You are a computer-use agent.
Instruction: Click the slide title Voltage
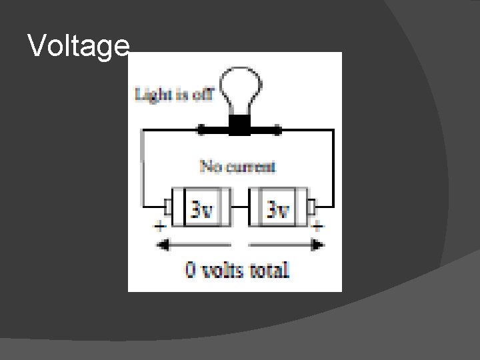coord(78,46)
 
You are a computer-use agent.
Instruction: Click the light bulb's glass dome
coord(239,93)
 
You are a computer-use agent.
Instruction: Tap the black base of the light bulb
coord(239,124)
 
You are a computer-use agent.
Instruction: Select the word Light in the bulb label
coord(151,94)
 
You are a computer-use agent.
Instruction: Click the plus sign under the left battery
coord(160,227)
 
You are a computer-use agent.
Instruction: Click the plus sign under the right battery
coord(319,227)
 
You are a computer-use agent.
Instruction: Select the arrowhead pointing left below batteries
coord(162,245)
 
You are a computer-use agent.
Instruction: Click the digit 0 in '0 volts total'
coord(190,271)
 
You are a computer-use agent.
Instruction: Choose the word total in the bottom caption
coord(269,271)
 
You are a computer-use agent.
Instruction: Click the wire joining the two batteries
coord(240,206)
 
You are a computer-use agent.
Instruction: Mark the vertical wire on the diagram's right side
coord(332,167)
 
